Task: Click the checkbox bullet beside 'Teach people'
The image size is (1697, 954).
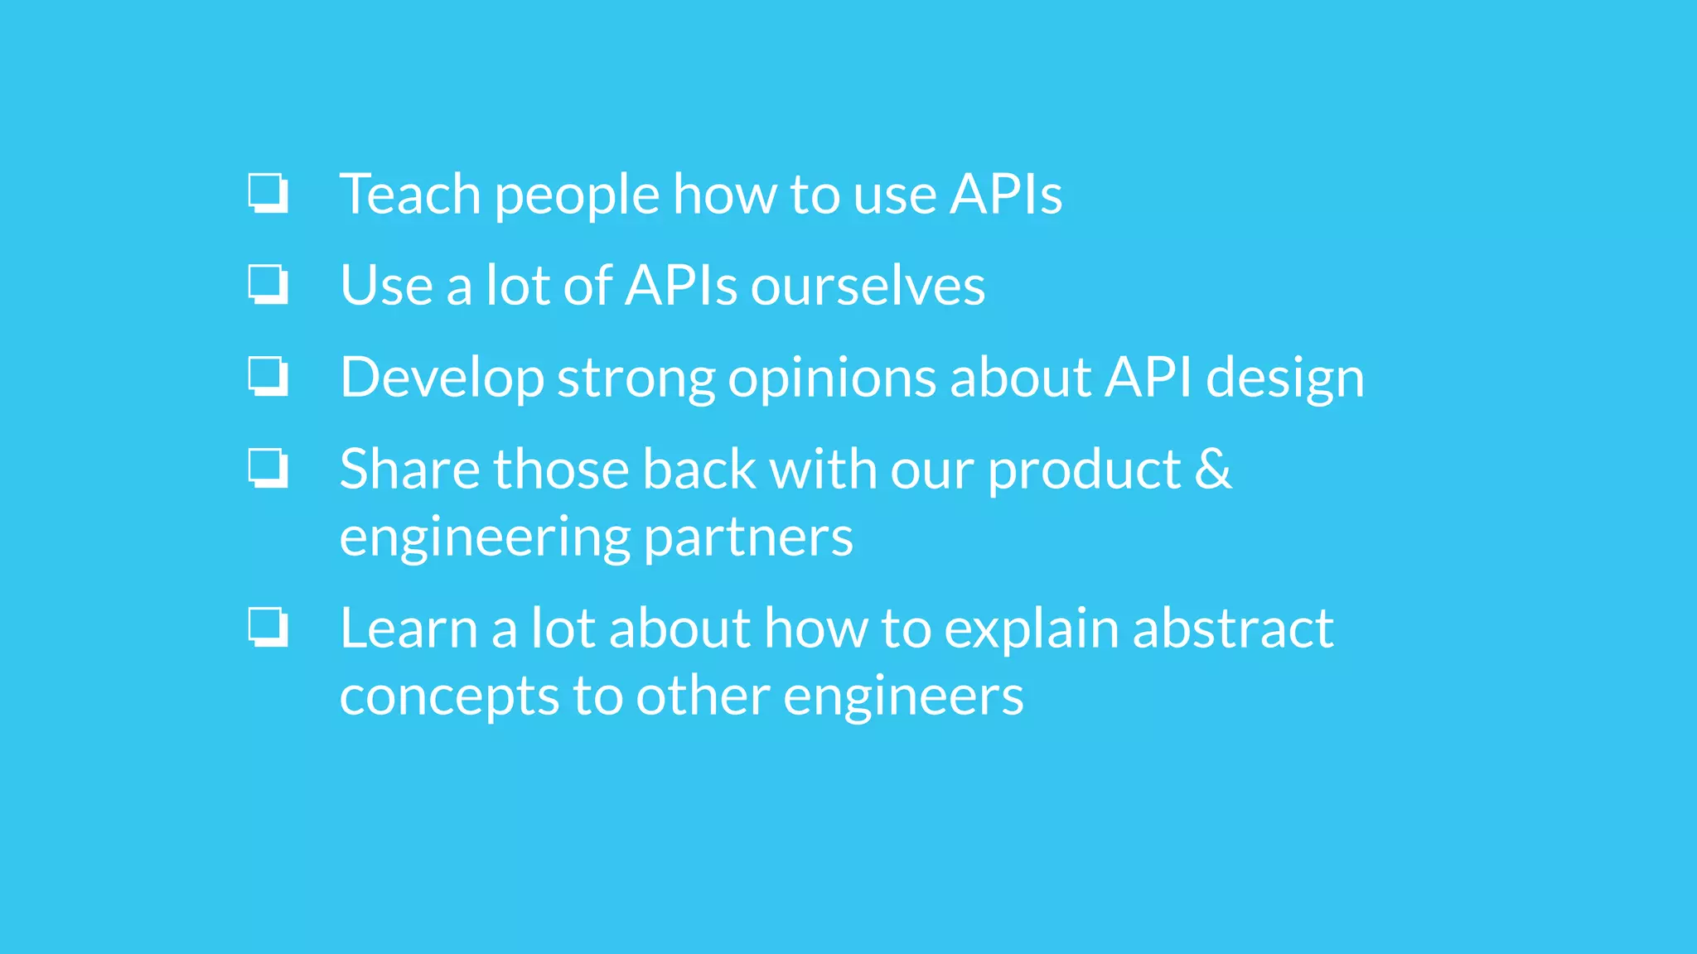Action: tap(268, 193)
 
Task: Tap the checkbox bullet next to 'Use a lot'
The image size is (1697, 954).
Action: tap(268, 284)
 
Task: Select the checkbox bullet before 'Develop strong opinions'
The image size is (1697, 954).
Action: tap(268, 376)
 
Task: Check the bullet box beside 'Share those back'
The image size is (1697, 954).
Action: tap(268, 468)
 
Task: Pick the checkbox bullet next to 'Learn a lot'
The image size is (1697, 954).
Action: tap(268, 627)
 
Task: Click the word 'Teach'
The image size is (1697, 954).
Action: tap(410, 195)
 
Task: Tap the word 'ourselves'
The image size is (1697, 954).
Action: tap(868, 287)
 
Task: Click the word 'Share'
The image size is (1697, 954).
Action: tap(409, 470)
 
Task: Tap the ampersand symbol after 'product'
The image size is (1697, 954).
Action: tap(1213, 470)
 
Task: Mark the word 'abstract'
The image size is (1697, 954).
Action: tap(1233, 629)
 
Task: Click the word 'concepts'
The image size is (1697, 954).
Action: tap(449, 697)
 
